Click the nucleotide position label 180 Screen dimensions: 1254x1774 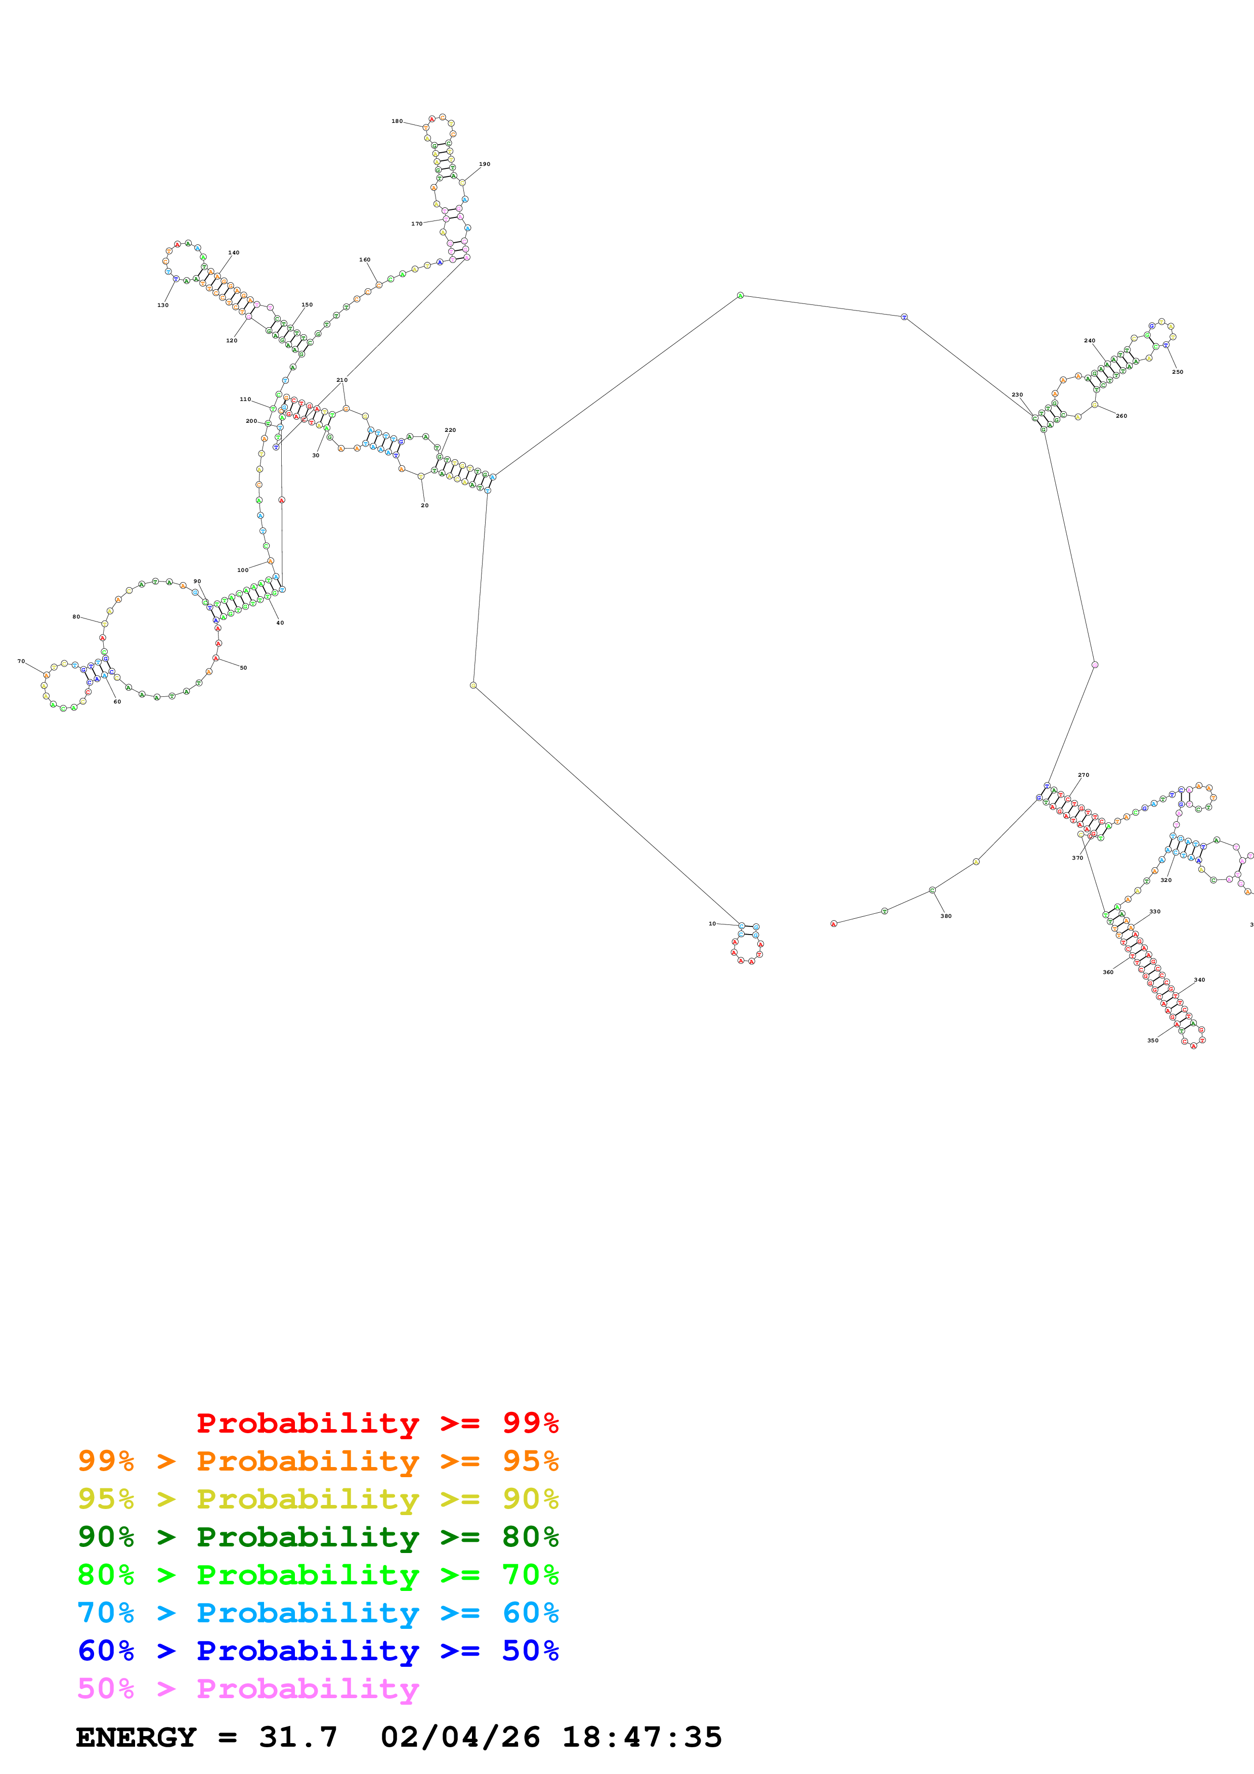(397, 121)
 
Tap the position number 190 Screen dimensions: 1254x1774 (485, 164)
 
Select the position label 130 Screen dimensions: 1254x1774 (163, 305)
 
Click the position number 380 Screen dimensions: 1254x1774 (946, 916)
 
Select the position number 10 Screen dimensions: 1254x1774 (712, 923)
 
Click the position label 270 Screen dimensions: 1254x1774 (1083, 774)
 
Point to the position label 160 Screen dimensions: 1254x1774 (365, 259)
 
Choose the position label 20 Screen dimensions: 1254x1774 (424, 505)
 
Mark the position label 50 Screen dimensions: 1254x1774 (243, 668)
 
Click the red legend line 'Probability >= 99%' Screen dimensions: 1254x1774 (377, 1423)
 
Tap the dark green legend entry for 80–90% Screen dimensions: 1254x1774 (318, 1537)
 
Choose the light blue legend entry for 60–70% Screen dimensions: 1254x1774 (318, 1613)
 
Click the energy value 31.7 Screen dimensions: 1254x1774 (298, 1738)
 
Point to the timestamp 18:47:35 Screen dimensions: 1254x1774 (641, 1738)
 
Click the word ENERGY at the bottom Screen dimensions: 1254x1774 (136, 1738)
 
